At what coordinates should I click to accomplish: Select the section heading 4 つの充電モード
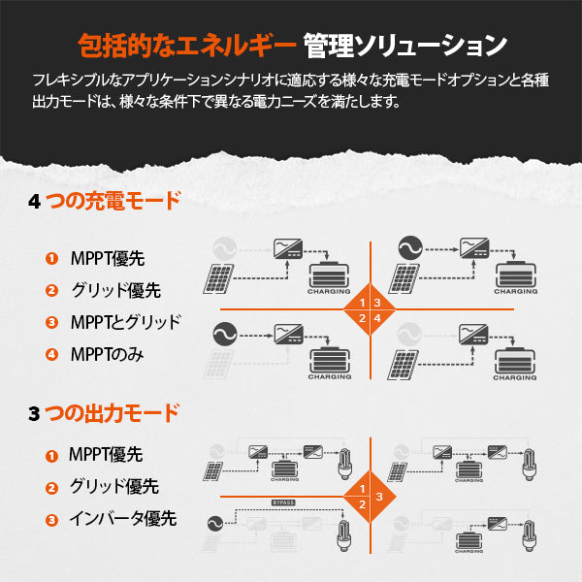(x=105, y=203)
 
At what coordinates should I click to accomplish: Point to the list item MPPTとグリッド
(x=126, y=322)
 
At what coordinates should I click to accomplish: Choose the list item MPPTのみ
(x=107, y=354)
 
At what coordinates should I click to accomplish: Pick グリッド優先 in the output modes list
(x=114, y=487)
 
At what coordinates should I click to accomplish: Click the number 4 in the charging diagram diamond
(x=376, y=317)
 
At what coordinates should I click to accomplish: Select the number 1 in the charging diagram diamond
(x=362, y=304)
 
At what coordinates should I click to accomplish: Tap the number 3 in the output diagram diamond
(x=379, y=497)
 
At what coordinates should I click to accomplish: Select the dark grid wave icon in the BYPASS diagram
(x=214, y=525)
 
